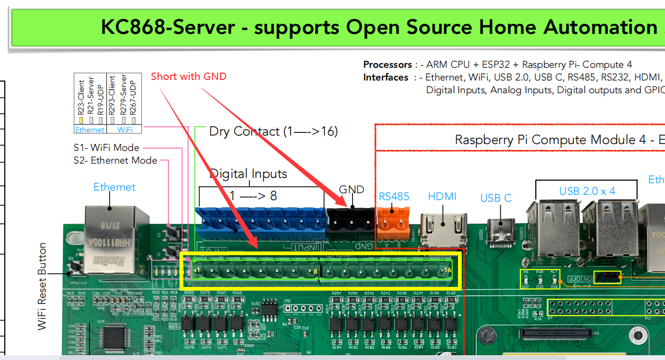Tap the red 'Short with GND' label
click(x=188, y=77)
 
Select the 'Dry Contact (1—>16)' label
click(x=273, y=131)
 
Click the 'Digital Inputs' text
click(x=248, y=174)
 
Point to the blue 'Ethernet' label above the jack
click(x=114, y=187)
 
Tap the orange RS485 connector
click(x=394, y=221)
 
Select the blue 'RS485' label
click(x=394, y=196)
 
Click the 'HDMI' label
click(x=442, y=196)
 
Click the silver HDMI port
click(x=444, y=229)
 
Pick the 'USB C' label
click(x=496, y=198)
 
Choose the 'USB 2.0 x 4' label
click(x=587, y=191)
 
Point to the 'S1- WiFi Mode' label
click(x=106, y=148)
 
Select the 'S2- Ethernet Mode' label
click(x=115, y=160)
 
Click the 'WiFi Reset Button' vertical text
click(x=42, y=286)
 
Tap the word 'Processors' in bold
click(x=388, y=65)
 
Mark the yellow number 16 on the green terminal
click(x=447, y=271)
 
